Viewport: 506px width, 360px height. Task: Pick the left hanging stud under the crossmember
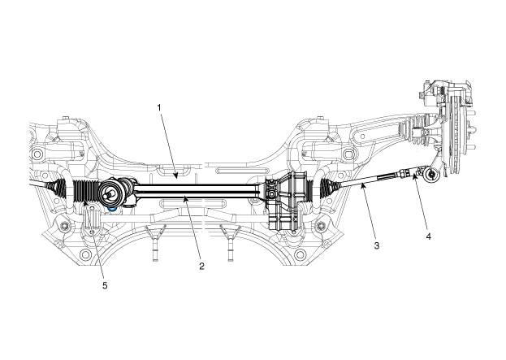(154, 245)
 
